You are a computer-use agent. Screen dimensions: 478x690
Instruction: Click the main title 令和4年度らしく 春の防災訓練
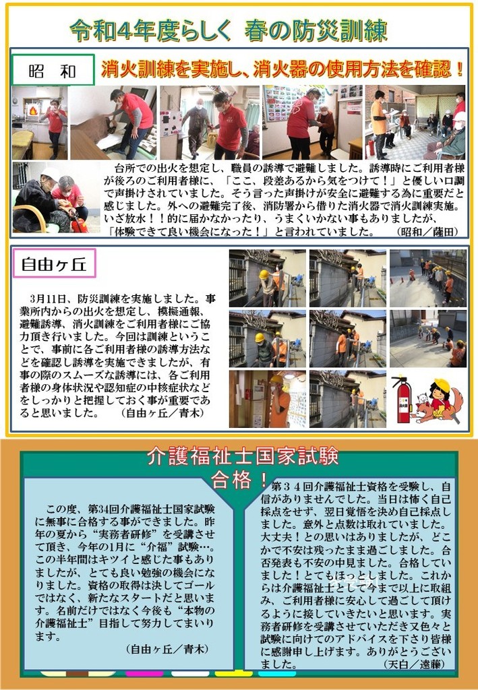229,31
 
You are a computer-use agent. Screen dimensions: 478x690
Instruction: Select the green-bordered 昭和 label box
53,70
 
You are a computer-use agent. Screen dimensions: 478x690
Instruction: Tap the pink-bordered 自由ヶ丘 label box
54,263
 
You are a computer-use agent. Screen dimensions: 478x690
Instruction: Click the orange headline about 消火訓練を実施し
282,69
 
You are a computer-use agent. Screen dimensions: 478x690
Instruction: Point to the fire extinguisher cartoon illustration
402,399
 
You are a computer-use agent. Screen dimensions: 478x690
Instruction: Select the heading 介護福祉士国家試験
243,456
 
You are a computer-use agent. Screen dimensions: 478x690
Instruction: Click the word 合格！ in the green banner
239,480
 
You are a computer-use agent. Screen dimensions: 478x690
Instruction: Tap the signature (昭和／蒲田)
427,232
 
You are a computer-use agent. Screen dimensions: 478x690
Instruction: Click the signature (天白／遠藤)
415,664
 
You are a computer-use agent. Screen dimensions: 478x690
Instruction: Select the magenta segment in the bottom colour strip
144,674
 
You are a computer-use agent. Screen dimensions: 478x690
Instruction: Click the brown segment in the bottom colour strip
78,674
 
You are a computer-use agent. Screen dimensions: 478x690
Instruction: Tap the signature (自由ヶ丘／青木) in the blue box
167,649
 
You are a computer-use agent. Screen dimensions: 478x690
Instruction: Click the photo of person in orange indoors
268,399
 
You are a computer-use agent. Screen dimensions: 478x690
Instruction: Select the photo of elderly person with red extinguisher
57,197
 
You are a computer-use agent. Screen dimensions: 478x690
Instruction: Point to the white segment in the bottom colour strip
190,674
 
